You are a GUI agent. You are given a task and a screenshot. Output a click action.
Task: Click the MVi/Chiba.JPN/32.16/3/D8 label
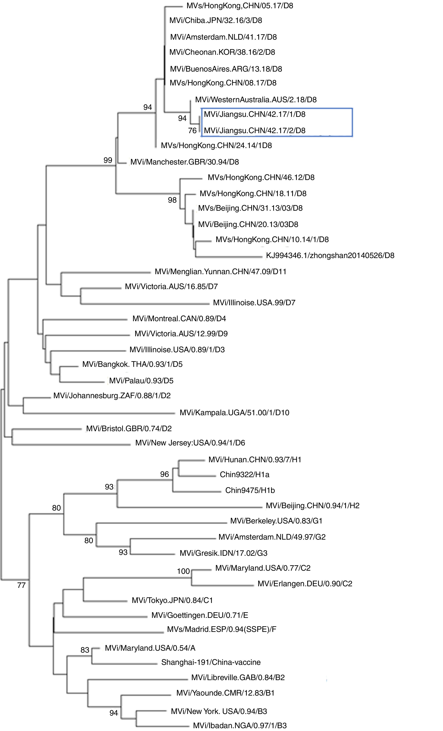pyautogui.click(x=216, y=21)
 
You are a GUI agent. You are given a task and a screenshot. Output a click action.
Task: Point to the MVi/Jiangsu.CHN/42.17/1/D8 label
pyautogui.click(x=254, y=114)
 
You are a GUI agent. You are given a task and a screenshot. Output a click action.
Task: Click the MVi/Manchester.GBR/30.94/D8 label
pyautogui.click(x=184, y=162)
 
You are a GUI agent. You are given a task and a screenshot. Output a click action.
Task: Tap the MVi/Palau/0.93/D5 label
pyautogui.click(x=141, y=381)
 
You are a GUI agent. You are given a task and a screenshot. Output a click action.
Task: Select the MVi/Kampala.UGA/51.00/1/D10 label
pyautogui.click(x=234, y=412)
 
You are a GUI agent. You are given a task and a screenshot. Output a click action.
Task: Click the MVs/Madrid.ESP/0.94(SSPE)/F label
pyautogui.click(x=221, y=629)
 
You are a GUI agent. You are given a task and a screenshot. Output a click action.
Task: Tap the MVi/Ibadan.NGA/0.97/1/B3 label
pyautogui.click(x=240, y=726)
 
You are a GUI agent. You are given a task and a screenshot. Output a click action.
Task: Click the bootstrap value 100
pyautogui.click(x=183, y=571)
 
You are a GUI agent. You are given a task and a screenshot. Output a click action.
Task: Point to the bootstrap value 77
pyautogui.click(x=21, y=585)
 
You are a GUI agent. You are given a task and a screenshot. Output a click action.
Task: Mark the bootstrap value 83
pyautogui.click(x=85, y=650)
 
